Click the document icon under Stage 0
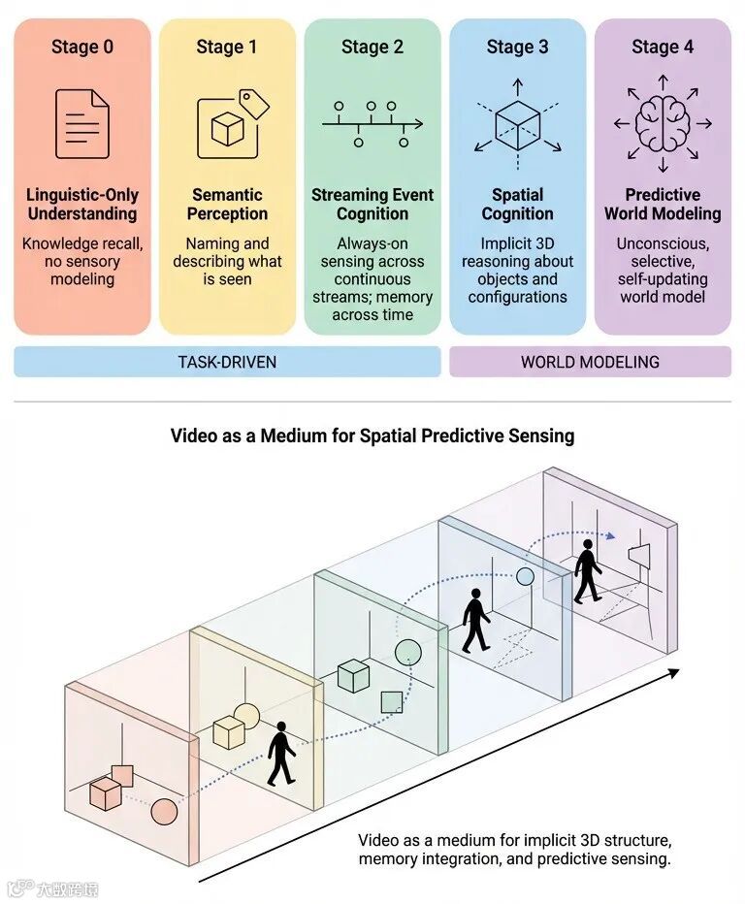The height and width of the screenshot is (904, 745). [82, 124]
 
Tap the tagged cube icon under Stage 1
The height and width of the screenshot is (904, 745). [229, 124]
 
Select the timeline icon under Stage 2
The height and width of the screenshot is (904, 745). [372, 124]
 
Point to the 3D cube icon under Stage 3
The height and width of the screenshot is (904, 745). [517, 124]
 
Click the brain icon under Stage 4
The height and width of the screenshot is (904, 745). [663, 123]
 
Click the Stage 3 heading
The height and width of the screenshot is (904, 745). [517, 47]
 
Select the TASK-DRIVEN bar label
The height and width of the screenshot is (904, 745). [228, 362]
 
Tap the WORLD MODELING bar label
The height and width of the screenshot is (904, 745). [590, 362]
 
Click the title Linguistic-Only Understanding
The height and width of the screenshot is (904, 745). [82, 205]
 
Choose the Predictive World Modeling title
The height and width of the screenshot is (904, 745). [663, 205]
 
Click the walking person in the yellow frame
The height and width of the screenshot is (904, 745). [281, 753]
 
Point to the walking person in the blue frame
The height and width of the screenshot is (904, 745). [475, 621]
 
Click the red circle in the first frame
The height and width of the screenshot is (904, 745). [164, 811]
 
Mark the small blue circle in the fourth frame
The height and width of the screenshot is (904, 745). [525, 576]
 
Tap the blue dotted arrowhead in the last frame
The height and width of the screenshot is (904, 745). [610, 534]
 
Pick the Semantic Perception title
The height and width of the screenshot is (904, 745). [227, 205]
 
